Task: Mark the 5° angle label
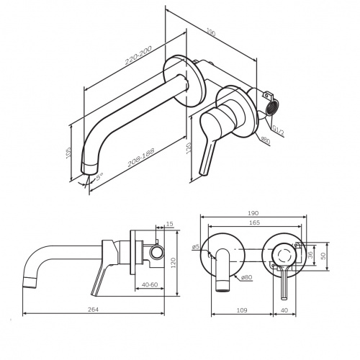[x=99, y=176]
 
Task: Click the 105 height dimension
[x=70, y=153]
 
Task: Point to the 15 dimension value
[x=170, y=225]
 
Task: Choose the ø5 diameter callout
[x=196, y=248]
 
